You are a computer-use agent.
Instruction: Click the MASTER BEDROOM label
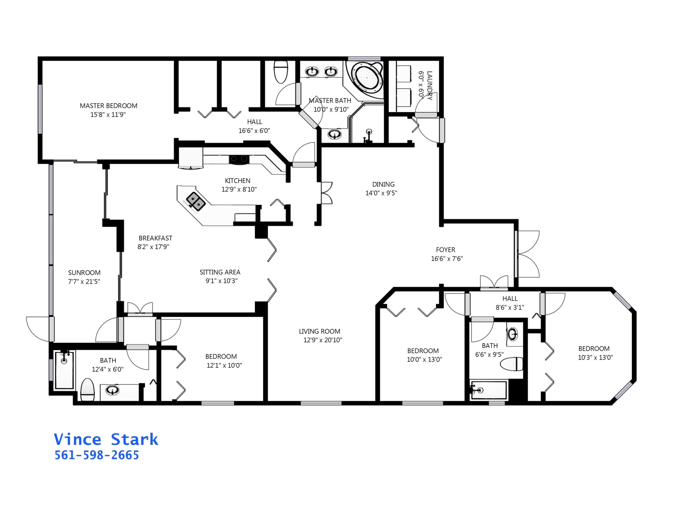(x=109, y=106)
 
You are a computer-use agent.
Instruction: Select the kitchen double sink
(x=196, y=201)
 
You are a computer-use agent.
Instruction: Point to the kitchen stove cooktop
(x=239, y=159)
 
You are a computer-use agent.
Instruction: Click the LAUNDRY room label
(x=429, y=86)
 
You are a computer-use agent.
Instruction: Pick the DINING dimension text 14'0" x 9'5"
(x=381, y=193)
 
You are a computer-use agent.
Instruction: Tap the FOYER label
(x=446, y=250)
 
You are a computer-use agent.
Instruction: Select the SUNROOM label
(x=84, y=272)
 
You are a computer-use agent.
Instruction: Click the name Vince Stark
(x=106, y=439)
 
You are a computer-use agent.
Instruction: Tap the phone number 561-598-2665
(x=97, y=455)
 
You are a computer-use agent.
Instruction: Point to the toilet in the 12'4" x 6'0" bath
(x=87, y=389)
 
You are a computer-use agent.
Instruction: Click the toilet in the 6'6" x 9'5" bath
(x=512, y=364)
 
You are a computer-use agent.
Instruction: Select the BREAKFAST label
(x=155, y=238)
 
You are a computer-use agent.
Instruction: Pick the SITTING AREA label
(x=220, y=272)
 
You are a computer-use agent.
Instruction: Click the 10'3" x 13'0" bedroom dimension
(x=595, y=357)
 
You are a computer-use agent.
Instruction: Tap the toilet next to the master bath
(x=281, y=72)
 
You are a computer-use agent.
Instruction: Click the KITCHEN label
(x=238, y=180)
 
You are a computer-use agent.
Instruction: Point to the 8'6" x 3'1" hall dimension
(x=510, y=307)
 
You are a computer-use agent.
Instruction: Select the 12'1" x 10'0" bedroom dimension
(x=224, y=365)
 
